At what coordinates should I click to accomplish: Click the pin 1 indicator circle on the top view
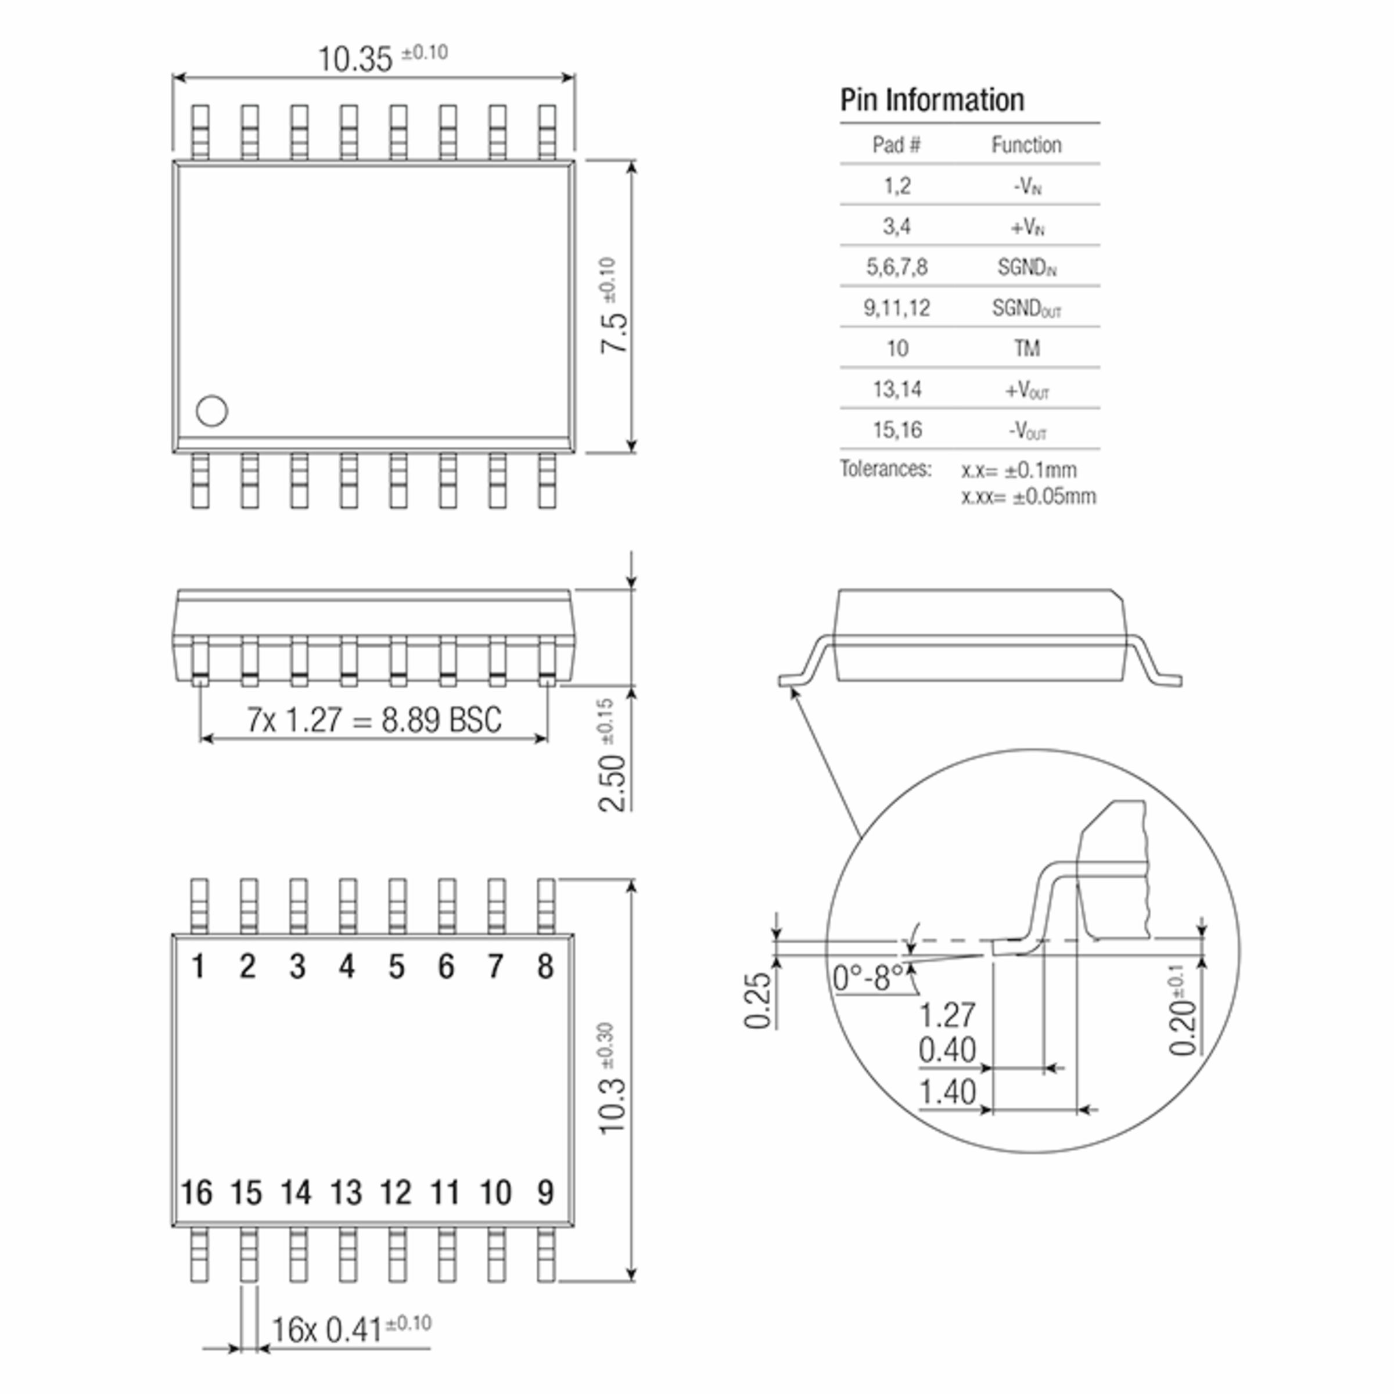[x=211, y=411]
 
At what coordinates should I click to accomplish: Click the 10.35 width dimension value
[x=355, y=59]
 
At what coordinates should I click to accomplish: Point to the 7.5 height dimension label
[x=614, y=332]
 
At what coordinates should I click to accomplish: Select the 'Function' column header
[x=1026, y=145]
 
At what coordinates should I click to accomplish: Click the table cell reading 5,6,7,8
[x=897, y=268]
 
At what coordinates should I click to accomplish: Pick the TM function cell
[x=1027, y=349]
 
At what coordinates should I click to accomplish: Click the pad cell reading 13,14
[x=897, y=390]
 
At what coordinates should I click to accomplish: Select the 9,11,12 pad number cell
[x=897, y=308]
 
